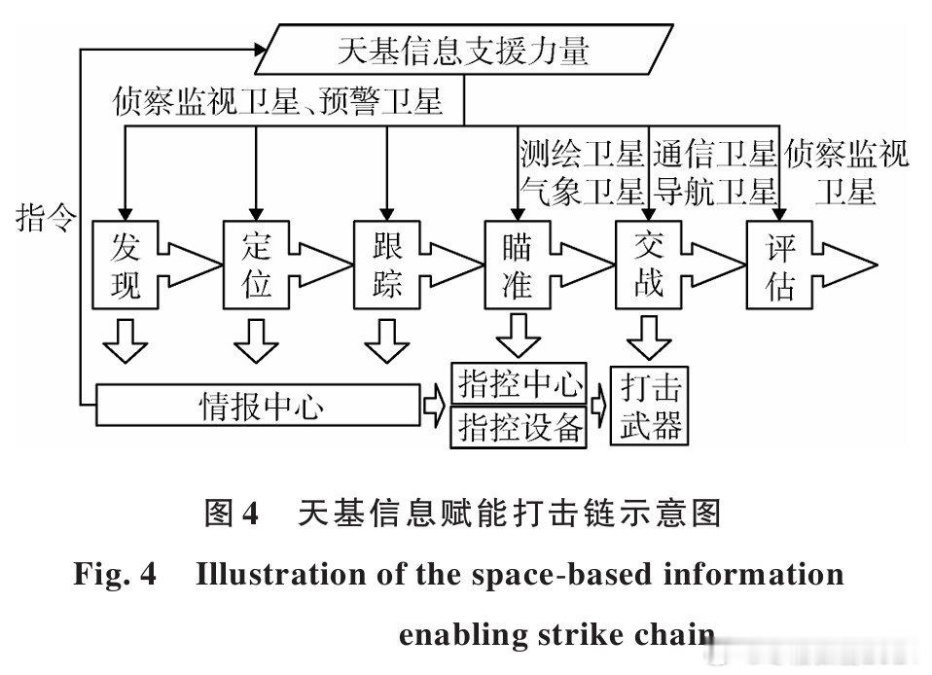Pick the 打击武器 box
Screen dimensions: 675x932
click(649, 406)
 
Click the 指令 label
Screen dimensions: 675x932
click(46, 218)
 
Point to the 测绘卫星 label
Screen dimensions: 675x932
click(581, 154)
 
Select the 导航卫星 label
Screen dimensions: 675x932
click(714, 189)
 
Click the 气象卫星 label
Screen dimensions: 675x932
click(581, 189)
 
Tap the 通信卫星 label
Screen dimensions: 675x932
click(714, 154)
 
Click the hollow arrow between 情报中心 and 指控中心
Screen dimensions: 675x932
click(435, 405)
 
